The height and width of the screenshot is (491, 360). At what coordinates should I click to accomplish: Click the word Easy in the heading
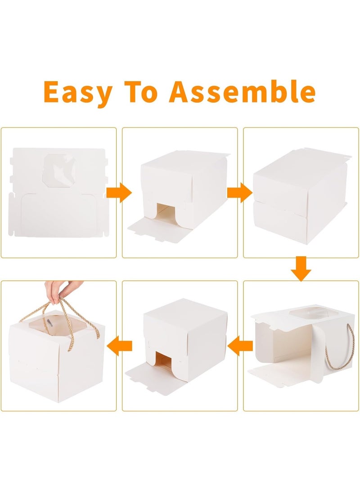(x=77, y=92)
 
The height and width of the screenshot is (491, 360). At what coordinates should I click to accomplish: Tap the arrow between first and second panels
(x=119, y=194)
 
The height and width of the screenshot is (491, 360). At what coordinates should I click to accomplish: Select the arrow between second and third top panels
(x=240, y=192)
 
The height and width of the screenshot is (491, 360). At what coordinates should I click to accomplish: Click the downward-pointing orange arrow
(x=301, y=269)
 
